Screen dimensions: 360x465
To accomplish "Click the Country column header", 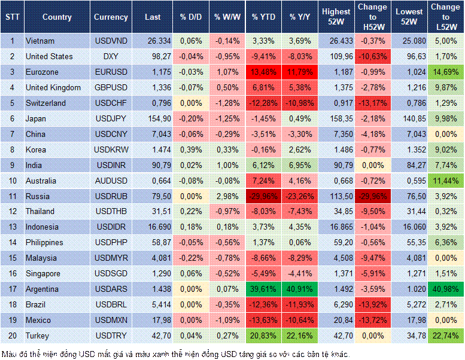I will click(57, 17).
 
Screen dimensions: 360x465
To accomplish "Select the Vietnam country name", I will click(40, 41).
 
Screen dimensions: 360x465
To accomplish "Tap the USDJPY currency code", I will click(111, 118).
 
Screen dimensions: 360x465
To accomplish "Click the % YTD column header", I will click(263, 17).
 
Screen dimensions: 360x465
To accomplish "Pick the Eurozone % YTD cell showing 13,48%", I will click(264, 72).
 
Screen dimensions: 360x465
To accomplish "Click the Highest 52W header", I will click(336, 17).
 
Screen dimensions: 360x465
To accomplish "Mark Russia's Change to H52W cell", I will click(372, 196).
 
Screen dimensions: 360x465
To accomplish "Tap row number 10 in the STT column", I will click(12, 181).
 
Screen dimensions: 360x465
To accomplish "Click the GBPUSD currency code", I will click(111, 87).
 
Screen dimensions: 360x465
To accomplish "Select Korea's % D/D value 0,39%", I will click(190, 150).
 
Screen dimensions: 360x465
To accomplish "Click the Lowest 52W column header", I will click(409, 17).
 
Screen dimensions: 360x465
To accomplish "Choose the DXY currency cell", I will click(111, 56).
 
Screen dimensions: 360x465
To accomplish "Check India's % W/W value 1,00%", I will click(226, 165).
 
